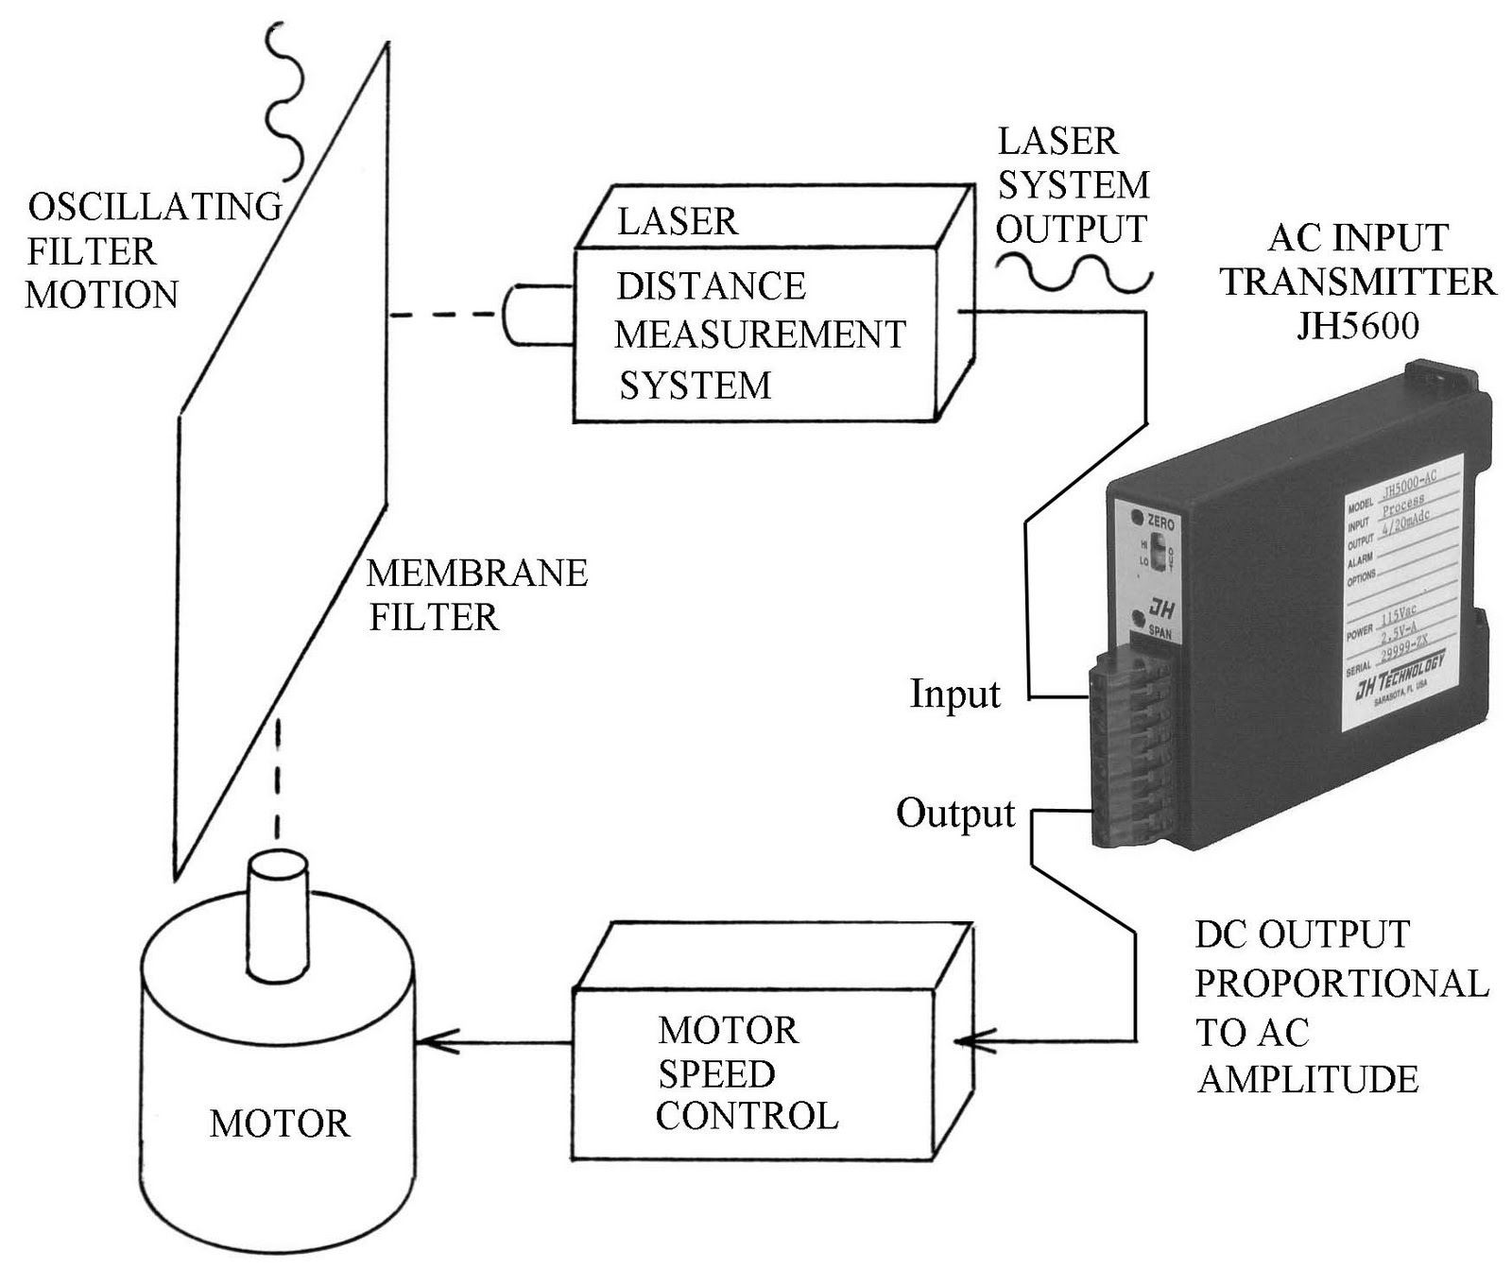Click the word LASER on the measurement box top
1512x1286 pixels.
tap(677, 222)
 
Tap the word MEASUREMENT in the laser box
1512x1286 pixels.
tap(760, 335)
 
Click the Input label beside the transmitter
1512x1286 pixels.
tap(954, 694)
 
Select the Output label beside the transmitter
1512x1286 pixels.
tap(954, 814)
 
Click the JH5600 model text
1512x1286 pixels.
tap(1357, 326)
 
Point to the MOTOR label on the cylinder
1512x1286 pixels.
tap(280, 1124)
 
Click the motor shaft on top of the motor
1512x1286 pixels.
tap(279, 917)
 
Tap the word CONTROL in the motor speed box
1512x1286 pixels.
tap(747, 1117)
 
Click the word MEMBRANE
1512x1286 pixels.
tap(477, 574)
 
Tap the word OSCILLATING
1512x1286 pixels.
tap(155, 206)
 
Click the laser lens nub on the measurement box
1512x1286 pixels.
tap(520, 314)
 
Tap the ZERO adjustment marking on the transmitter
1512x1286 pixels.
tap(1159, 522)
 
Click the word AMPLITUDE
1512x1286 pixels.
tap(1308, 1080)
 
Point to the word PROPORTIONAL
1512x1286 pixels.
tap(1342, 984)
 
